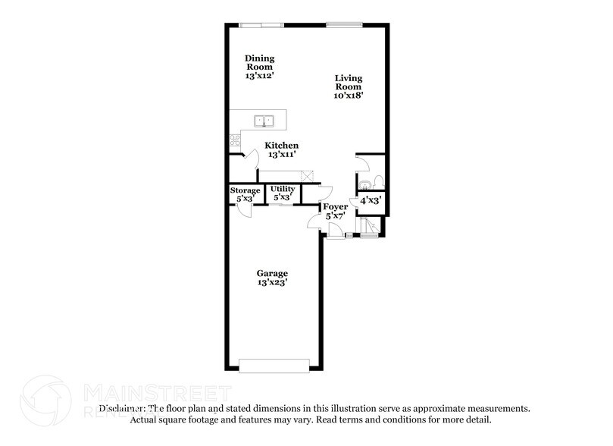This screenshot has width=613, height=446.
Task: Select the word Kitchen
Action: tap(281, 146)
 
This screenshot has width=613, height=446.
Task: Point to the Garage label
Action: tap(271, 273)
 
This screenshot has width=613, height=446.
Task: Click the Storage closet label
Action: tap(246, 190)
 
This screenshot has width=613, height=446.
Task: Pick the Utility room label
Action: tap(283, 188)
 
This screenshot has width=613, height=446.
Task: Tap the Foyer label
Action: tap(335, 206)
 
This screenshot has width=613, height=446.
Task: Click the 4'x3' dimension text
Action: tap(370, 201)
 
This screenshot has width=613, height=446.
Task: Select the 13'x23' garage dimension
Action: tap(271, 283)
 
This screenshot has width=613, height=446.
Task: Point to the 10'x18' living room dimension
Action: tap(349, 97)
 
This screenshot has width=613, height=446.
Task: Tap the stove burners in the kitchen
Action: tap(235, 140)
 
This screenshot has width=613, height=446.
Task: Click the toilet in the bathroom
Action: tap(378, 182)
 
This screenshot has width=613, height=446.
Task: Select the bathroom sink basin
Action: tap(364, 183)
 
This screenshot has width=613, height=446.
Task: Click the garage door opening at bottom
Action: tap(274, 366)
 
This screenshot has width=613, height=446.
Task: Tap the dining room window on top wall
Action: tap(261, 26)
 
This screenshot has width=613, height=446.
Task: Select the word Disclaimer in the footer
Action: tap(124, 408)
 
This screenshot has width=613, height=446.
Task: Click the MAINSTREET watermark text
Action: tap(155, 392)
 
